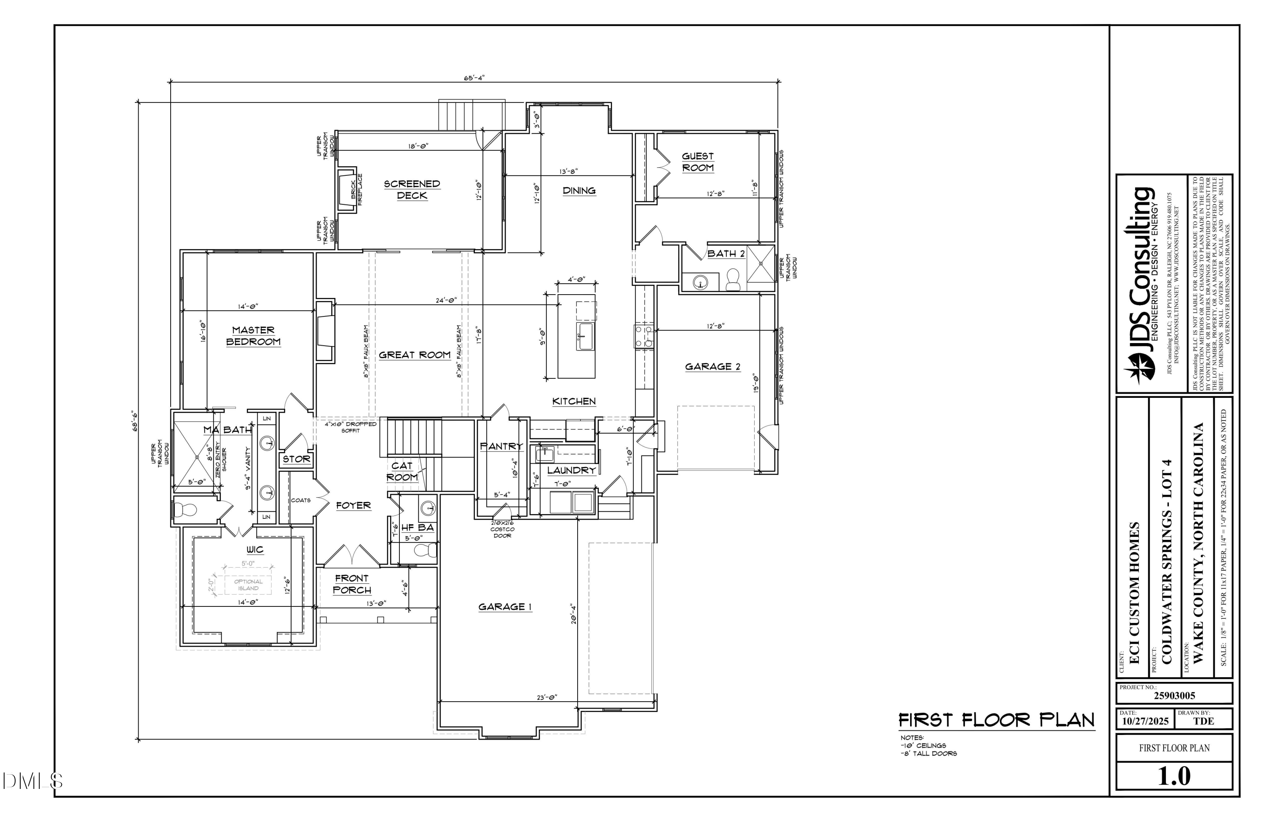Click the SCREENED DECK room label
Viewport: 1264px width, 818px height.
coord(412,190)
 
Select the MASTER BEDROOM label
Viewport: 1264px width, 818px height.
coord(253,336)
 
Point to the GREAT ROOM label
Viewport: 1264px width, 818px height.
coord(414,355)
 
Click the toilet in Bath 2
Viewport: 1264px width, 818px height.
coord(733,280)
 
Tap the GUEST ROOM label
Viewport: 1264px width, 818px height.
coord(697,161)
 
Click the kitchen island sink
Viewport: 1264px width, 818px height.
coord(586,336)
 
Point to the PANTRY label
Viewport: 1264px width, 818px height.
coord(501,446)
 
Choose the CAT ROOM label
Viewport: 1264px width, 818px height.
coord(402,472)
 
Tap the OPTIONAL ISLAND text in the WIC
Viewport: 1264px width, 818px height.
coord(248,585)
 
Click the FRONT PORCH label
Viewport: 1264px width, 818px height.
coord(351,584)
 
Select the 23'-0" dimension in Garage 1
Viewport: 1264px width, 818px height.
coord(547,697)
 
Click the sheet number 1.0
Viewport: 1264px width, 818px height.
coord(1174,776)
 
